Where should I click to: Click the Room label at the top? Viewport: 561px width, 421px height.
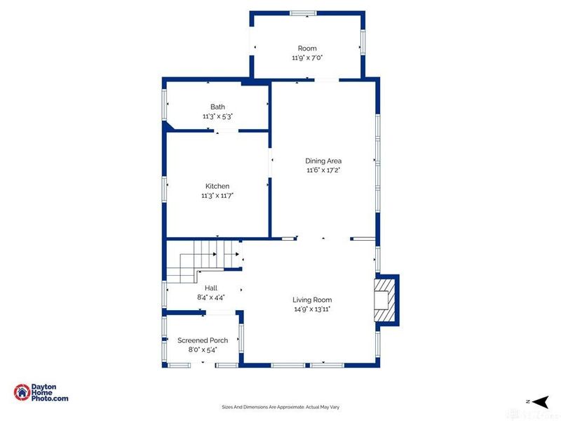[x=307, y=48]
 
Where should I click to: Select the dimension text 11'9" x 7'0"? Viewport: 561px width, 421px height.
[x=307, y=58]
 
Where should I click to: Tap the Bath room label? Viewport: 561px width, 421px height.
[x=217, y=107]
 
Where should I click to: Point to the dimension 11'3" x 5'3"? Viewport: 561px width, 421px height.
[x=217, y=116]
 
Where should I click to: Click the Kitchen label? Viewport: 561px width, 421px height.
[x=217, y=186]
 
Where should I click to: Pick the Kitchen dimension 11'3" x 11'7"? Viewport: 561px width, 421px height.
[x=217, y=196]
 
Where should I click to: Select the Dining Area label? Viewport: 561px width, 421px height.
[x=323, y=161]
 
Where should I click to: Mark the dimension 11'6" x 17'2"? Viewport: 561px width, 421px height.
[x=323, y=170]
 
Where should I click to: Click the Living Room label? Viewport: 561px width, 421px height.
[x=312, y=300]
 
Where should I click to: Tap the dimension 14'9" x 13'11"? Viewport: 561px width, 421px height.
[x=312, y=309]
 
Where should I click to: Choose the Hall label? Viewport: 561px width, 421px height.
[x=211, y=288]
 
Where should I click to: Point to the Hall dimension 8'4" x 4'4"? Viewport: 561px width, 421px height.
[x=211, y=298]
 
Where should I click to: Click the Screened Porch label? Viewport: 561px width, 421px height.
[x=203, y=340]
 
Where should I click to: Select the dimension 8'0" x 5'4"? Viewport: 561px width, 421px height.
[x=203, y=349]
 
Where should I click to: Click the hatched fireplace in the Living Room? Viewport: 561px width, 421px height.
[x=384, y=300]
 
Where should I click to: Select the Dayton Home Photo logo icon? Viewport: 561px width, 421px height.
[x=22, y=393]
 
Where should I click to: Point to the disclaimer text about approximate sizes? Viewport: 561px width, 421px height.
[x=280, y=407]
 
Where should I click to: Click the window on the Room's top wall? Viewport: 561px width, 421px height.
[x=304, y=13]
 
